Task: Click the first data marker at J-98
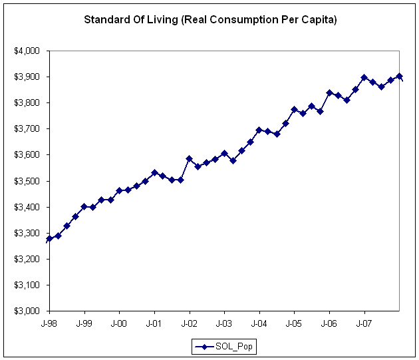point(49,238)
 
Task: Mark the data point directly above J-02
point(190,159)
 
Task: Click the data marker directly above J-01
point(154,172)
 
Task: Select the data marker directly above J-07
point(364,77)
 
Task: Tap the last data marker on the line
point(399,77)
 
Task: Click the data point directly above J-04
point(259,130)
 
